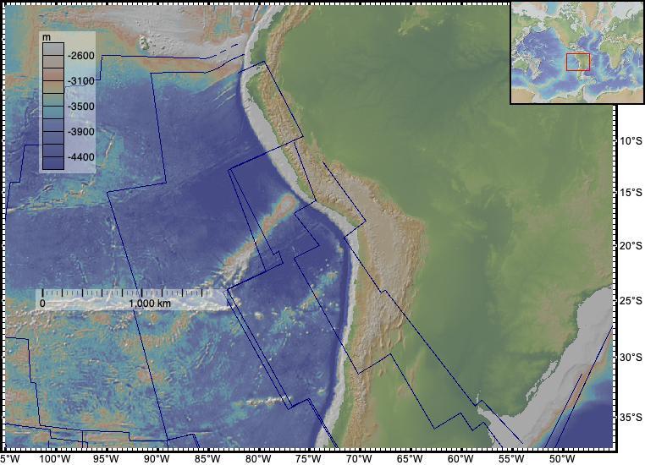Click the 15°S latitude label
click(626, 193)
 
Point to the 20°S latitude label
click(626, 246)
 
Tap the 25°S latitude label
click(626, 301)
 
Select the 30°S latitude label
click(626, 358)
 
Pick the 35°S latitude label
click(626, 417)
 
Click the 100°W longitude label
click(55, 458)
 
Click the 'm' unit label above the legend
click(48, 39)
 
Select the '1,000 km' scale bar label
click(150, 303)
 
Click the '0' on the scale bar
click(42, 303)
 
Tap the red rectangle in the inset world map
click(577, 62)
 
